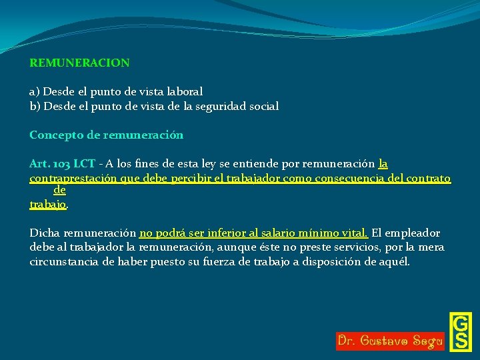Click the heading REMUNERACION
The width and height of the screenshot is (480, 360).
(79, 63)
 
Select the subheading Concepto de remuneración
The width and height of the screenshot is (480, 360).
(106, 135)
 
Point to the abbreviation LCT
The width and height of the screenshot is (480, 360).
(84, 163)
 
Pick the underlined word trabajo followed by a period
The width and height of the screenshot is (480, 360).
(48, 205)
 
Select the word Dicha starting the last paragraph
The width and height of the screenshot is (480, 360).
(44, 233)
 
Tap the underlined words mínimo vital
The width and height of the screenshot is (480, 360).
(339, 233)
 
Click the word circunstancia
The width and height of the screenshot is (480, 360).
(62, 262)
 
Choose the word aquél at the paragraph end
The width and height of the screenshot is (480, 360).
(395, 262)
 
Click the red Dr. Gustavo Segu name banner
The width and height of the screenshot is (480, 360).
(390, 341)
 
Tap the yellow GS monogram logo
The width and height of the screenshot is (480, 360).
(460, 331)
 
